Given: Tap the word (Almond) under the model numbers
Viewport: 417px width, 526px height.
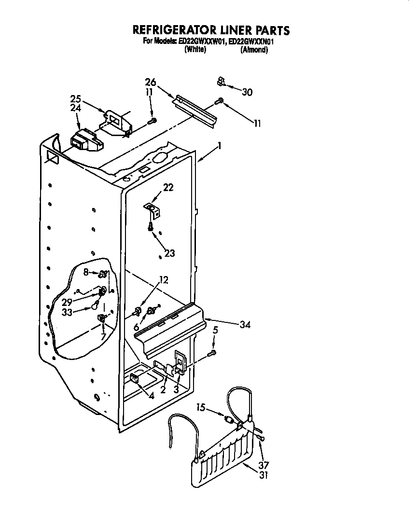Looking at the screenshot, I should (x=254, y=50).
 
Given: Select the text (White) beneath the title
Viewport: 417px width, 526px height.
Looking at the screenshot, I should (x=195, y=50).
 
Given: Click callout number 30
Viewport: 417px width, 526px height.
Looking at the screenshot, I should (x=247, y=92).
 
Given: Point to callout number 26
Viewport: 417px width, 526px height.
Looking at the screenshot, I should (x=151, y=82).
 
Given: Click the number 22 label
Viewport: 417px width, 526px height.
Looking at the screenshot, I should (x=167, y=187).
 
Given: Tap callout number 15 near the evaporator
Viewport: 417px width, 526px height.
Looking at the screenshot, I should (x=201, y=408).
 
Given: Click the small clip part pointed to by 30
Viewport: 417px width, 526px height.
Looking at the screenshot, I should (x=221, y=82).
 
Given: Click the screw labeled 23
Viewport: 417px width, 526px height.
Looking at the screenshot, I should (x=152, y=225).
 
